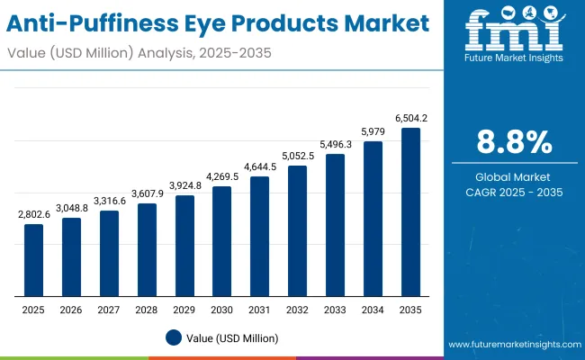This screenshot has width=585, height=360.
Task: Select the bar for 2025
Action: pyautogui.click(x=33, y=260)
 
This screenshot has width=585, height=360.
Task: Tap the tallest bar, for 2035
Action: pyautogui.click(x=410, y=212)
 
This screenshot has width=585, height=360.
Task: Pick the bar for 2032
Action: pyautogui.click(x=297, y=231)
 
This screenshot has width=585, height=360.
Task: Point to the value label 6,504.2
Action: pyautogui.click(x=410, y=119)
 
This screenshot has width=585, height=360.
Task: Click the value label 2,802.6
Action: pyautogui.click(x=33, y=215)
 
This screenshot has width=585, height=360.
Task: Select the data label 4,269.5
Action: pyautogui.click(x=221, y=177)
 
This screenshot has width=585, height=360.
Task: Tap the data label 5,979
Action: pyautogui.click(x=373, y=132)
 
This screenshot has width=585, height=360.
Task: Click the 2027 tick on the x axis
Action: pyautogui.click(x=109, y=309)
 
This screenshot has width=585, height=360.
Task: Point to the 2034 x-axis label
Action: pyautogui.click(x=373, y=309)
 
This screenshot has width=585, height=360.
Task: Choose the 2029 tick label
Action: pyautogui.click(x=184, y=309)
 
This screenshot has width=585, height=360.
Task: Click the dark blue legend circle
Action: pyautogui.click(x=174, y=337)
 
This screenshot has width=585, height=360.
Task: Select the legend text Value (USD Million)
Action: pyautogui.click(x=232, y=337)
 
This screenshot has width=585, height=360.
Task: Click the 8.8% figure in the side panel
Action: pyautogui.click(x=514, y=143)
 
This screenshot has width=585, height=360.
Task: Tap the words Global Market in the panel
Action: pyautogui.click(x=514, y=176)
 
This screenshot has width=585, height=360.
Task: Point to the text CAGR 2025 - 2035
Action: pyautogui.click(x=514, y=192)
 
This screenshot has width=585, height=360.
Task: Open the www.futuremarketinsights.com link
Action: pyautogui.click(x=511, y=345)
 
